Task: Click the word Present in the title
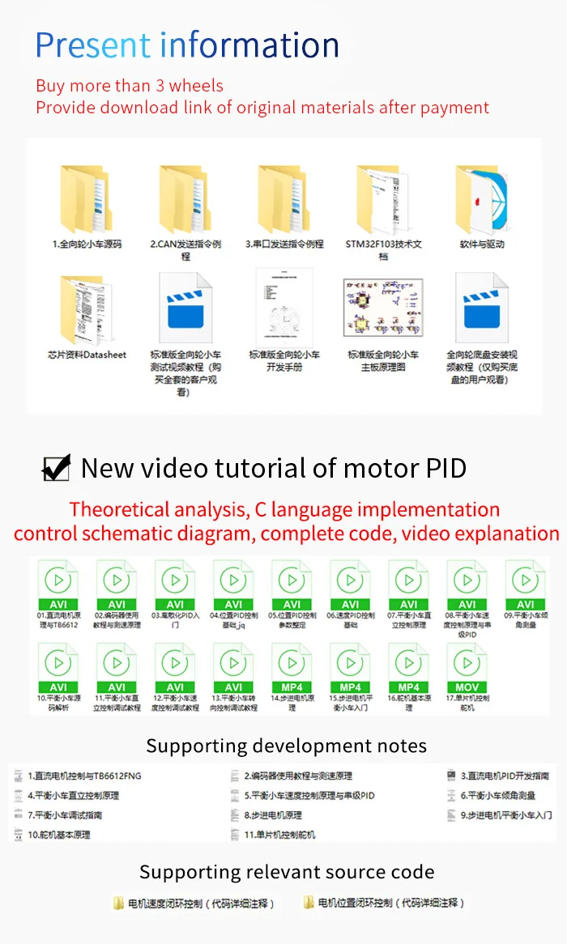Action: coord(93,45)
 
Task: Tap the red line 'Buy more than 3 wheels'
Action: coord(130,86)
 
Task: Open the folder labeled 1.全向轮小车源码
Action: coord(87,199)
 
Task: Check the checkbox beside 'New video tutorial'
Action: coord(56,469)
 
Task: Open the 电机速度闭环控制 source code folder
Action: coord(194,904)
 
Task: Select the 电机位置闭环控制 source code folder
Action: coord(385,904)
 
